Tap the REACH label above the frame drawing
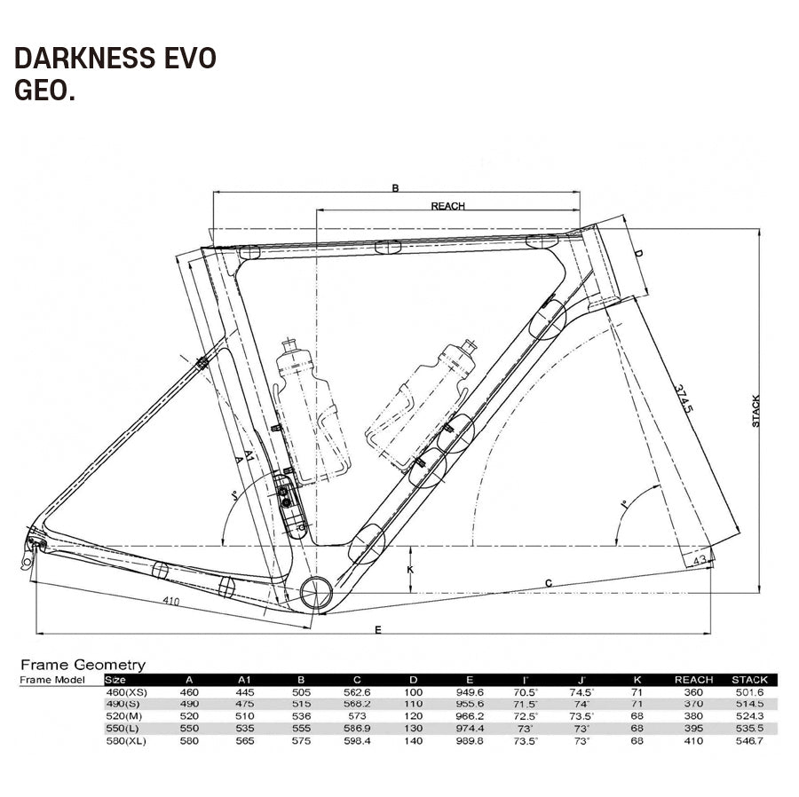[x=447, y=206]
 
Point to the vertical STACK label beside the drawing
[x=755, y=411]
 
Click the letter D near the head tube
[x=637, y=254]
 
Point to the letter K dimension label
[x=409, y=569]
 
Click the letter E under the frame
[x=378, y=629]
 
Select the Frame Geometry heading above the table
[x=83, y=664]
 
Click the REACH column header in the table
[x=693, y=680]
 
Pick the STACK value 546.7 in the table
[x=747, y=740]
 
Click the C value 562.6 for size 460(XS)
[x=360, y=691]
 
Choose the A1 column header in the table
[x=244, y=680]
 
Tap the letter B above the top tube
[x=396, y=188]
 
